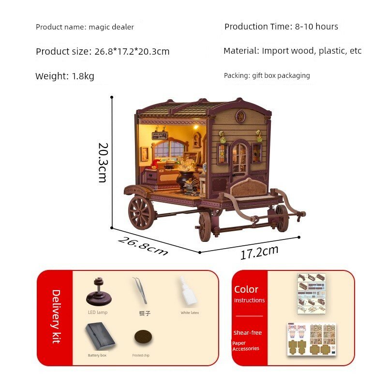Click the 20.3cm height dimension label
[x=103, y=163]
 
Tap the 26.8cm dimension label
[x=143, y=246]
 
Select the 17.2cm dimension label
[x=259, y=252]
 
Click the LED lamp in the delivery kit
[x=99, y=292]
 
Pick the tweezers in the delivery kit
[x=140, y=290]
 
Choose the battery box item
[x=100, y=336]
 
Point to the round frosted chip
[x=143, y=337]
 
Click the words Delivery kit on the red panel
[x=56, y=317]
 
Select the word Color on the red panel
[x=246, y=289]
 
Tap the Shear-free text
[x=248, y=333]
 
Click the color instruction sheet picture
[x=312, y=294]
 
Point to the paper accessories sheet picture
[x=312, y=340]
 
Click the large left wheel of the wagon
[x=141, y=212]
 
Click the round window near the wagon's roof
[x=239, y=117]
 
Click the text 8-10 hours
[x=316, y=27]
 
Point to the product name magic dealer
[x=111, y=27]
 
